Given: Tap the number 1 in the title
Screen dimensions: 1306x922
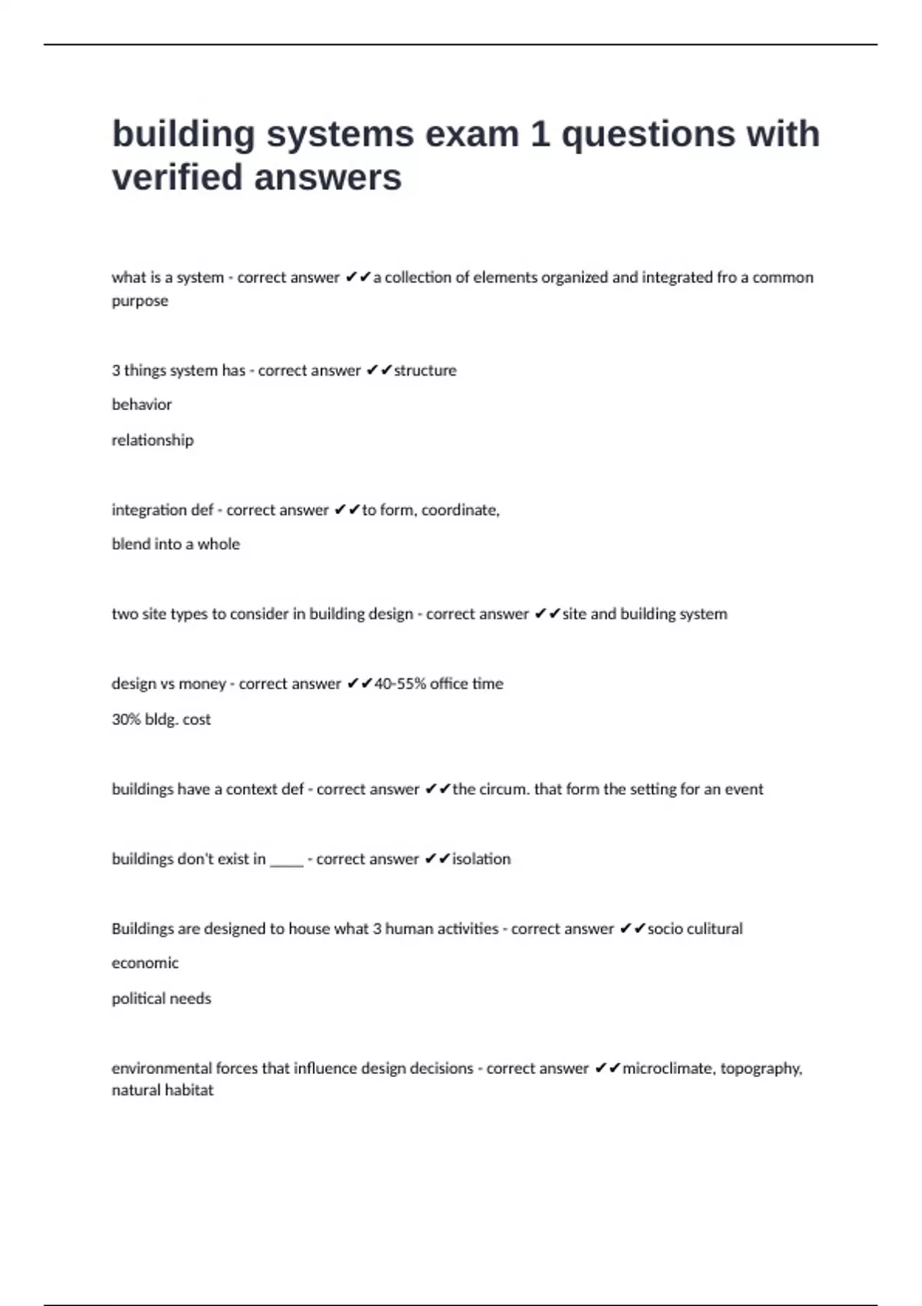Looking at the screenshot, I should (x=540, y=134).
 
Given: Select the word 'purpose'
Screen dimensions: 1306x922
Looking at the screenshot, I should (x=140, y=301).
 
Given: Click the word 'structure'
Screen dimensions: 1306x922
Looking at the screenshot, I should (x=425, y=370).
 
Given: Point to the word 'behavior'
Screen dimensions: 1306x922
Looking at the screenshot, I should (x=141, y=405).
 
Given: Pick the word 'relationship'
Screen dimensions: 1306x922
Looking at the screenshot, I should (x=152, y=440).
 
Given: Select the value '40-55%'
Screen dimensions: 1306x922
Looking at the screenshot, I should (x=400, y=684).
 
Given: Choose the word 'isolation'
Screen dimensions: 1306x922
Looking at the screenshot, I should (x=481, y=859).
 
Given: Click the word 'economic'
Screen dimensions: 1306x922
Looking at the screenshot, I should (x=144, y=963).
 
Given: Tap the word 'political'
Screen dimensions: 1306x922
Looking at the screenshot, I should (x=138, y=999).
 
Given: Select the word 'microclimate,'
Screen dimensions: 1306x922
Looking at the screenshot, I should (x=668, y=1069).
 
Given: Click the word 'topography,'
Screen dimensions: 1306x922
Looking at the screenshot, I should (x=761, y=1069).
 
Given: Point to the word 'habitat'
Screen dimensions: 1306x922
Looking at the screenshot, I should (x=188, y=1090).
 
